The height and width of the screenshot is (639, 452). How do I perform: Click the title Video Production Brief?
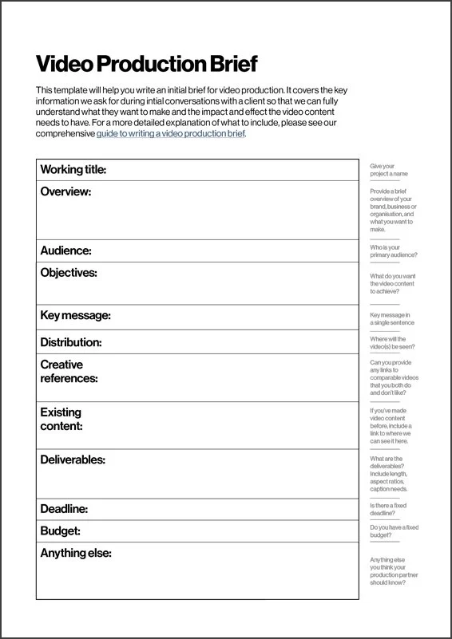147,64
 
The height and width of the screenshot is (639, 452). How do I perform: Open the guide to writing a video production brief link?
171,134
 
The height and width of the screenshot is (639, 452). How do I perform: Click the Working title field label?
73,170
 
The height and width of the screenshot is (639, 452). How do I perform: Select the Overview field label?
65,192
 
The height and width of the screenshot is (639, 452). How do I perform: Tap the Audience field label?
65,250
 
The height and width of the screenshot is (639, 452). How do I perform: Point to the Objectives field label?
69,273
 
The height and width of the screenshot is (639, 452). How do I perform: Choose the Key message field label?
75,316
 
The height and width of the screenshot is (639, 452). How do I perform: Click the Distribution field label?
71,342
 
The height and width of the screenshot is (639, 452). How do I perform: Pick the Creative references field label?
69,372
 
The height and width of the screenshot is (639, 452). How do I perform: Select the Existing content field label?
61,420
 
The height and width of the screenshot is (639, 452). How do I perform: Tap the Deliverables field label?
73,460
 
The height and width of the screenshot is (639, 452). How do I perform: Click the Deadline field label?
64,509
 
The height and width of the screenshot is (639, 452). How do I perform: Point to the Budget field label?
60,531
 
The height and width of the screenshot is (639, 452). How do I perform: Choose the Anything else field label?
75,553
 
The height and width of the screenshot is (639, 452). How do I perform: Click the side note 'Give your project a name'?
389,170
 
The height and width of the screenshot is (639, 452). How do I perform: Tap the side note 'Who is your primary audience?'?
393,250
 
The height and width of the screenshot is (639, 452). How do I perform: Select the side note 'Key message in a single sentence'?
391,319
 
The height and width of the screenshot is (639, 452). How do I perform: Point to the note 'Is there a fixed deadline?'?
388,510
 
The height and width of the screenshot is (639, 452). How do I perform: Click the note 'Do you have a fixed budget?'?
394,532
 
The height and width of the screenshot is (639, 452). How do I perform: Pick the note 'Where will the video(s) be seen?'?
392,342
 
